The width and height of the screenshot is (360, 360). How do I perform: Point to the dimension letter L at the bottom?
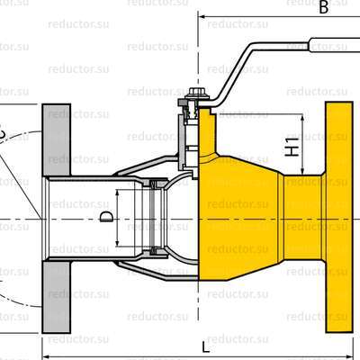pyautogui.click(x=206, y=346)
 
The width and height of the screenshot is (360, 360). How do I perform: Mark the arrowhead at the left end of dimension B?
pyautogui.click(x=203, y=16)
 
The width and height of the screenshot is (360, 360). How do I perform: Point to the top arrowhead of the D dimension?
pyautogui.click(x=117, y=190)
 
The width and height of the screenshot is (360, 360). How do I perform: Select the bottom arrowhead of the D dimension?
pyautogui.click(x=117, y=244)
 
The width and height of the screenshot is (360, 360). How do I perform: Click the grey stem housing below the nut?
pyautogui.click(x=189, y=135)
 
